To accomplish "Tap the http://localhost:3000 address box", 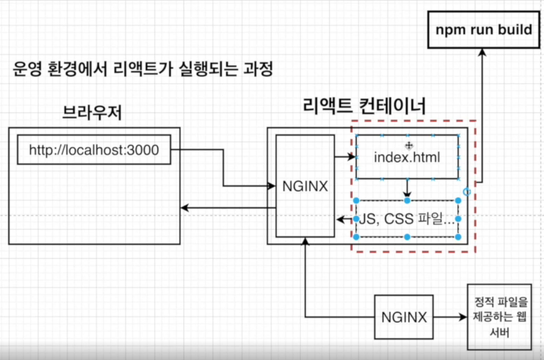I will [94, 150].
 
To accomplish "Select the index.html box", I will [407, 157].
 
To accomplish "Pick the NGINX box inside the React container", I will [305, 186].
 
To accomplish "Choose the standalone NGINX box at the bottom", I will [404, 317].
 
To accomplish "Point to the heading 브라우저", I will [92, 112].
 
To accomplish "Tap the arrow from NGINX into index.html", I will [346, 157].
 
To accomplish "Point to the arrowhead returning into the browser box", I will [184, 208].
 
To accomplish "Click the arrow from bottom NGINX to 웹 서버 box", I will [449, 317].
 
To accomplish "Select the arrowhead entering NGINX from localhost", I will [272, 186].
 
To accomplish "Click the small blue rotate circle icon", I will [467, 192].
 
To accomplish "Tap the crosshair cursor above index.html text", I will [408, 145].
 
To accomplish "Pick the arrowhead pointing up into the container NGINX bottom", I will [305, 241].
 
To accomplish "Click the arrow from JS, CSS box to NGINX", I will [345, 219].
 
